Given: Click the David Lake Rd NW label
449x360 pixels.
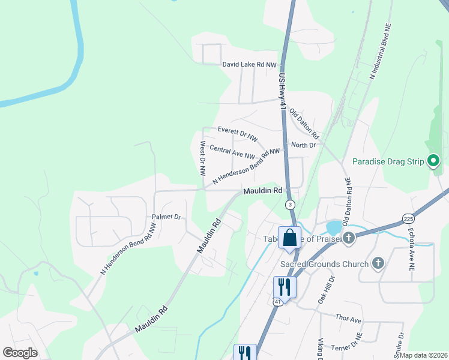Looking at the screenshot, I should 250,64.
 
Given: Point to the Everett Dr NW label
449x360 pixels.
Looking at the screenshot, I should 237,130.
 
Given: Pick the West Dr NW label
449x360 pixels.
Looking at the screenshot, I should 202,158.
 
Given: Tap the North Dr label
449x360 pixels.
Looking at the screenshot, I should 303,145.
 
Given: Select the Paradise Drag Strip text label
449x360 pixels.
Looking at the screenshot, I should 388,161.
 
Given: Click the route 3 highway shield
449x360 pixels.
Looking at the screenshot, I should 291,205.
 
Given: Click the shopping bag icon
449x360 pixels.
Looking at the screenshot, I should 289,238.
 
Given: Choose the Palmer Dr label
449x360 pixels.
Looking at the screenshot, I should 166,217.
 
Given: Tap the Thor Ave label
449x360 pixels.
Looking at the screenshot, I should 349,318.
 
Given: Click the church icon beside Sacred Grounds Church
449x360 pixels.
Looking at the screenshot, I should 378,263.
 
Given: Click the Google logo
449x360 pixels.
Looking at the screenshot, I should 20,353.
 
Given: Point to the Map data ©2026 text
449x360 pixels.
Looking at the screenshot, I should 423,355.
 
